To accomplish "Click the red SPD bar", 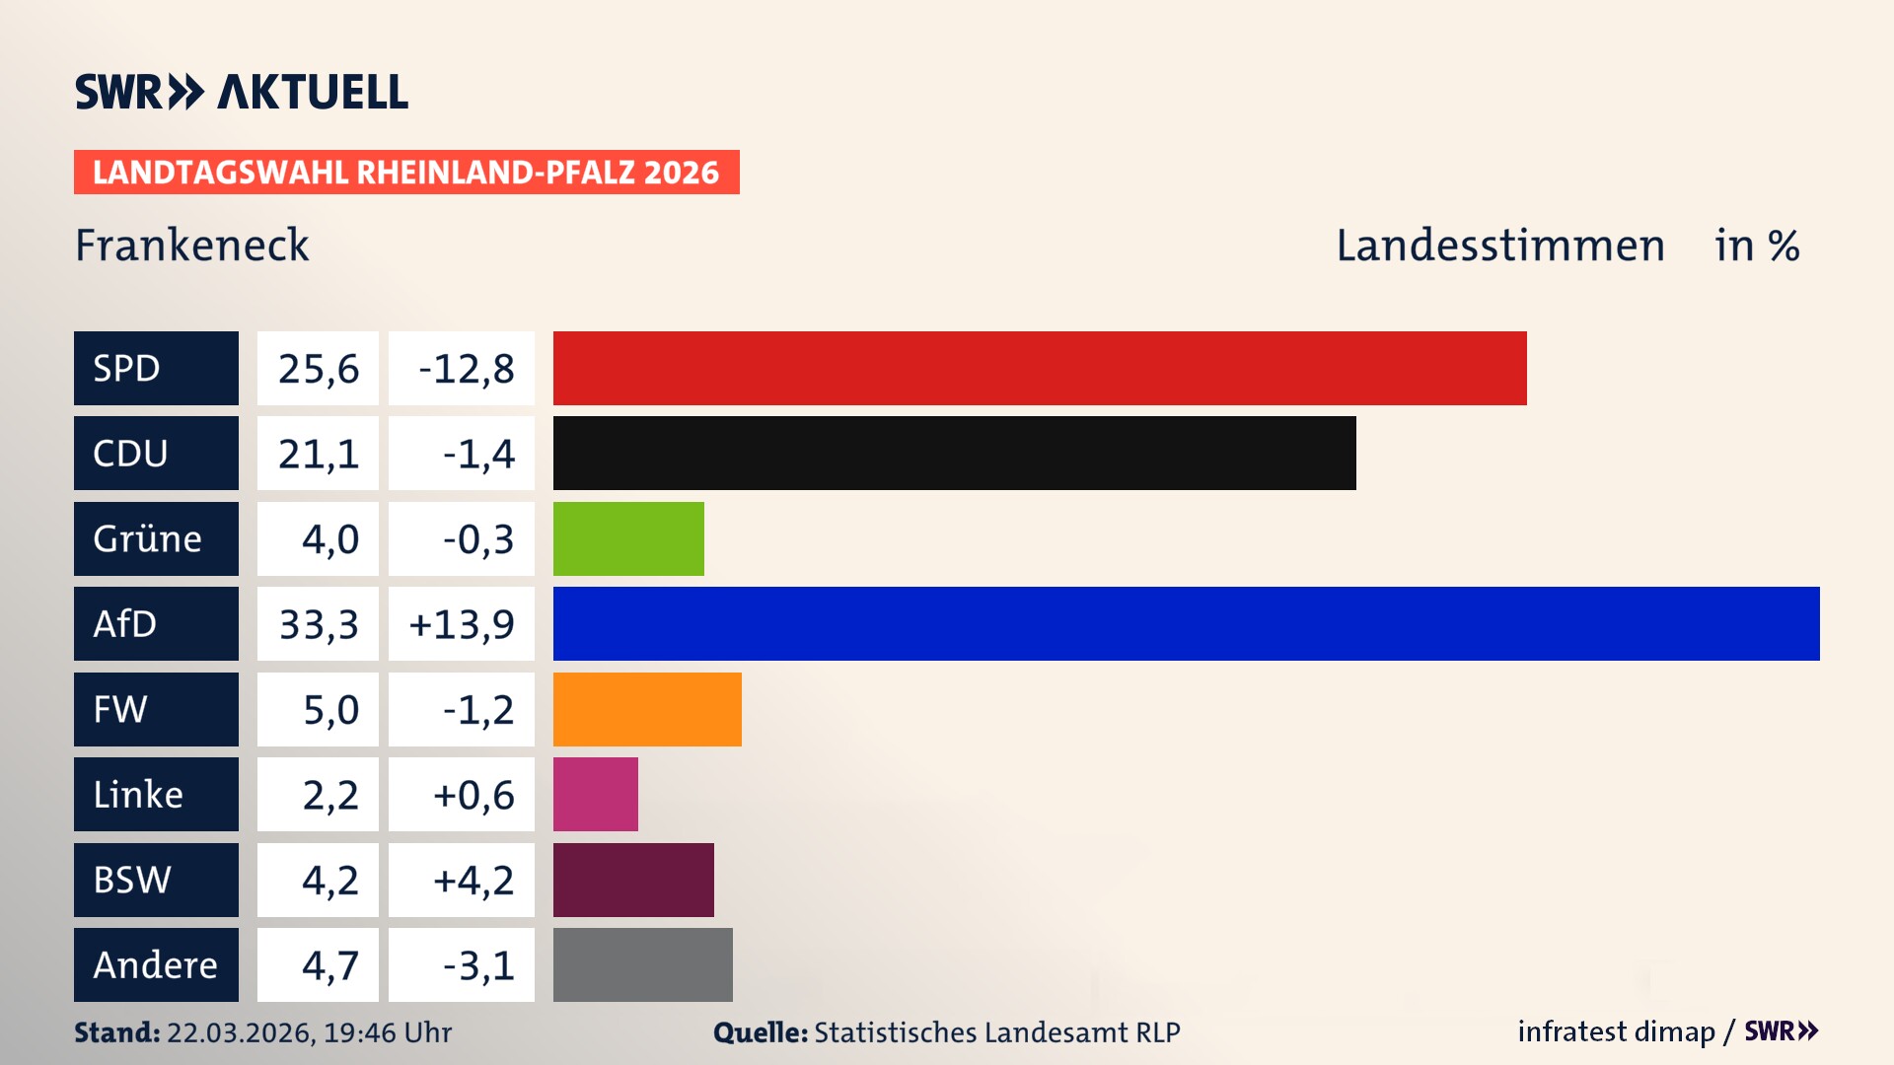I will [x=1040, y=368].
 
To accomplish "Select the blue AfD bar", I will [x=1186, y=623].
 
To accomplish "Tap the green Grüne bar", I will [x=628, y=538].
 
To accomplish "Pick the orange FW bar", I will [x=647, y=709].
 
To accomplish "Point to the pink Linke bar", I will [x=595, y=794].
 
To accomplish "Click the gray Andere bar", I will [x=642, y=964].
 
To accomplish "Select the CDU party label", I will [x=156, y=454].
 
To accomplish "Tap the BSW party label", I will [x=156, y=880].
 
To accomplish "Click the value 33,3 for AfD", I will [x=318, y=624].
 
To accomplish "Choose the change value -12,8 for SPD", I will [x=462, y=369].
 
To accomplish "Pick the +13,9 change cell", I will [x=462, y=624].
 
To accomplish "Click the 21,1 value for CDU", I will [x=318, y=454].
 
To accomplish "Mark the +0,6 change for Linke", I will [x=462, y=795].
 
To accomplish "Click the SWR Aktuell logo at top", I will [x=242, y=92].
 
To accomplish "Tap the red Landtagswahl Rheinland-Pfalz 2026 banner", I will [x=406, y=173].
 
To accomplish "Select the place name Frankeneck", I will [x=192, y=246].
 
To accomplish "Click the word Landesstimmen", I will [x=1499, y=246].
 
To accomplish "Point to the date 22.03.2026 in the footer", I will [x=239, y=1032].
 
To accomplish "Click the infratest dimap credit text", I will [x=1615, y=1031].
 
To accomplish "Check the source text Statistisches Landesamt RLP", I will [x=996, y=1032].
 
